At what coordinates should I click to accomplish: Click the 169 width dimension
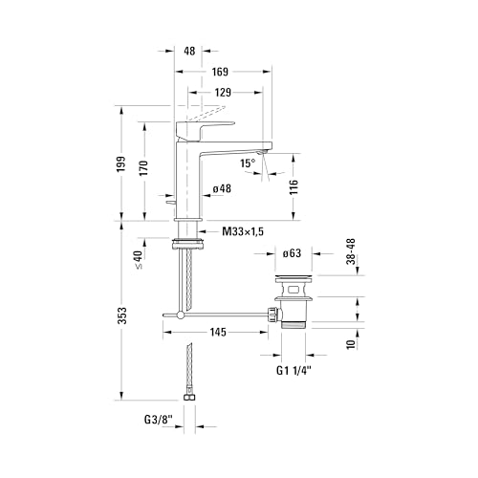click(220, 72)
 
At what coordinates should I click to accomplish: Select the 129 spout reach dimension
click(223, 93)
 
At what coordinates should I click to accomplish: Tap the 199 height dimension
click(121, 164)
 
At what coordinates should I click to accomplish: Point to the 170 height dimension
click(144, 168)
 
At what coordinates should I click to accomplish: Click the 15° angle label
click(248, 163)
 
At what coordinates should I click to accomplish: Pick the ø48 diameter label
click(222, 188)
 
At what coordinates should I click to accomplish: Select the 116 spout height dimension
click(293, 187)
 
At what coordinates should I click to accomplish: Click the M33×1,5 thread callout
click(243, 231)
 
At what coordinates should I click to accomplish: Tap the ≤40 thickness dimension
click(140, 260)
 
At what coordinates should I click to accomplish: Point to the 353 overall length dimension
click(122, 315)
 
